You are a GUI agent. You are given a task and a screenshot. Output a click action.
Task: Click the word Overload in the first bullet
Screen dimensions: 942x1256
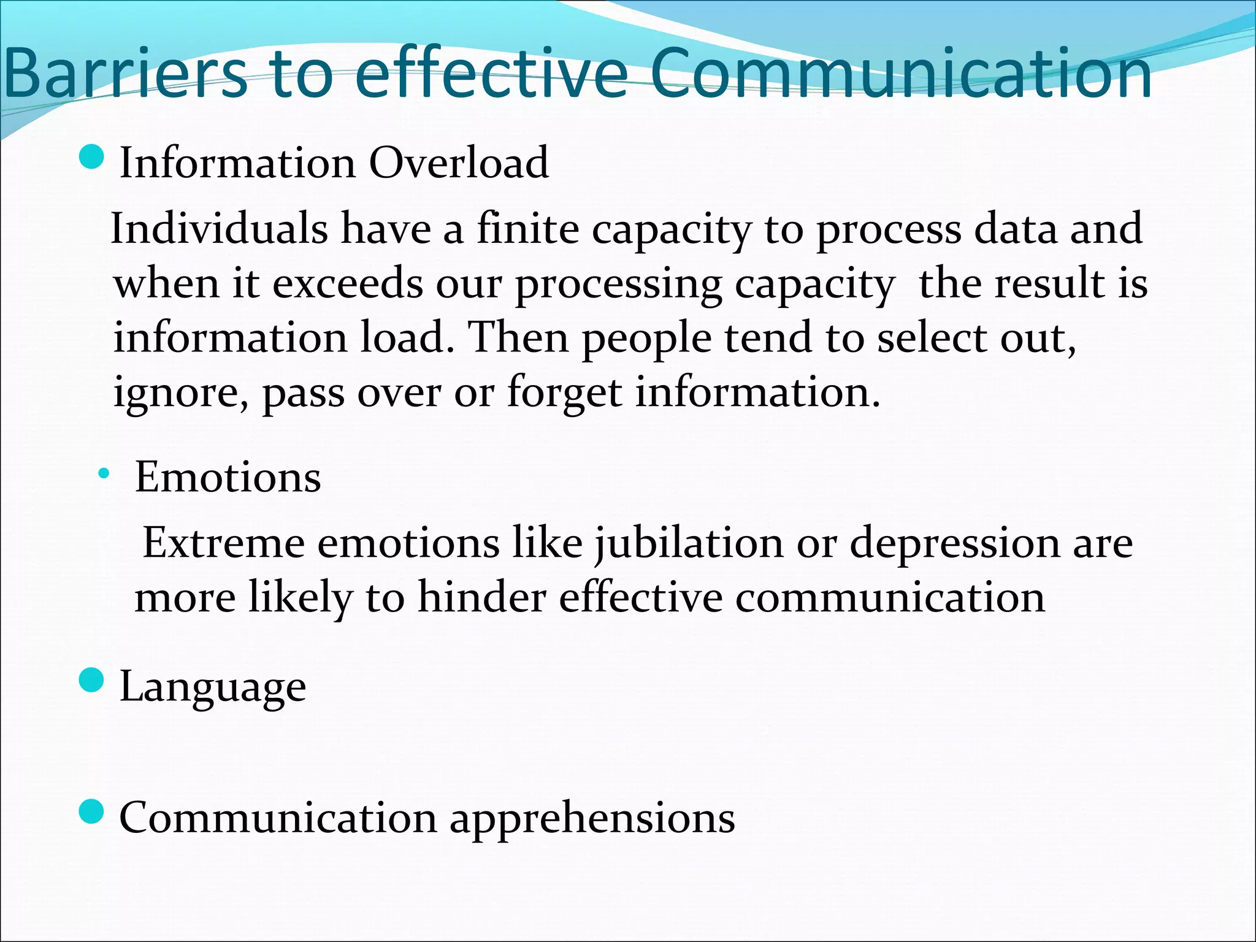458,163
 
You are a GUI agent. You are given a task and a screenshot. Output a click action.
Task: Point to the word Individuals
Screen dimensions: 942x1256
219,228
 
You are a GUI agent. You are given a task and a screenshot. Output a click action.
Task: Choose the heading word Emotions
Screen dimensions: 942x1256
228,477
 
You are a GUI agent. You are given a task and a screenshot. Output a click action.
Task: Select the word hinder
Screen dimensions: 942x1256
481,597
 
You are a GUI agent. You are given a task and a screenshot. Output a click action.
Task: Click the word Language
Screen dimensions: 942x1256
212,687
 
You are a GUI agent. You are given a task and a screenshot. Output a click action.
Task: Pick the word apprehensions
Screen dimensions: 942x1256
592,819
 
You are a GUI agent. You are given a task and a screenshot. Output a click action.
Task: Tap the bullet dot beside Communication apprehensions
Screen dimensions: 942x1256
93,812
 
